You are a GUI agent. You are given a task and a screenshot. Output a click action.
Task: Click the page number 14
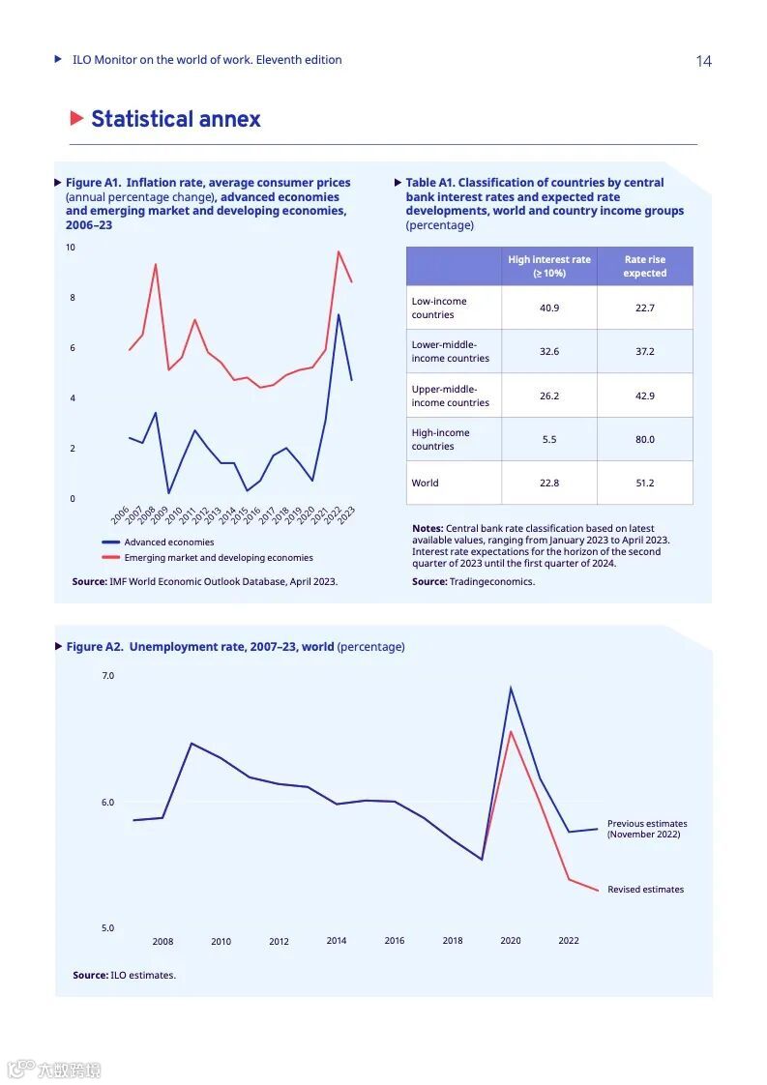coord(703,61)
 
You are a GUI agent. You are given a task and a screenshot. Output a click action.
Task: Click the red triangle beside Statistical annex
coord(77,119)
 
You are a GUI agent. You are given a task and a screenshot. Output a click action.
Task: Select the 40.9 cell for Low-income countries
coord(549,308)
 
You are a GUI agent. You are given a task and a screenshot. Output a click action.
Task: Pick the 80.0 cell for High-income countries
coord(645,439)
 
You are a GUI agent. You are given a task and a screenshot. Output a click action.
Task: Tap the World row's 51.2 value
coord(645,483)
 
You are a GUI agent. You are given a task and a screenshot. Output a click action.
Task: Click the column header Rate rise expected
coord(645,266)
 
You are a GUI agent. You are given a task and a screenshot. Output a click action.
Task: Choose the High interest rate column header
coord(549,266)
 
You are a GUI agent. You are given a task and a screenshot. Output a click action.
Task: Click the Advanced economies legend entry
coord(168,542)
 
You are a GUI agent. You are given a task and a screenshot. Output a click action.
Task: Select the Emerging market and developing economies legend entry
coord(218,558)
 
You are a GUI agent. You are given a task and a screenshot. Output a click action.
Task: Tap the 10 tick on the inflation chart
coord(70,248)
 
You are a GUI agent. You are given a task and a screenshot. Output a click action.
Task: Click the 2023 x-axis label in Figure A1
coord(346,514)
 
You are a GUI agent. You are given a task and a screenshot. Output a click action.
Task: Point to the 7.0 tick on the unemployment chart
coord(108,676)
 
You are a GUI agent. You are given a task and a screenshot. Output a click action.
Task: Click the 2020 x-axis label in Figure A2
coord(510,941)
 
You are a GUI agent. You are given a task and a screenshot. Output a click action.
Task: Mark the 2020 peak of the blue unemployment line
coord(510,688)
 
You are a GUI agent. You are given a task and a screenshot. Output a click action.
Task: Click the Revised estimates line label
coord(645,890)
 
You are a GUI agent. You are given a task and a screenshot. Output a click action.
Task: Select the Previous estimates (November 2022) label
coord(646,829)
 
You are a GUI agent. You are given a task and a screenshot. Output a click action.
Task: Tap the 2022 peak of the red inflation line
coord(339,251)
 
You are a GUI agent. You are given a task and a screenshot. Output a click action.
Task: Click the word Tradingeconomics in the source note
coord(492,581)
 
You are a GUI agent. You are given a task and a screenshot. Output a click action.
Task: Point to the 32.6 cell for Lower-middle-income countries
coord(549,351)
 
